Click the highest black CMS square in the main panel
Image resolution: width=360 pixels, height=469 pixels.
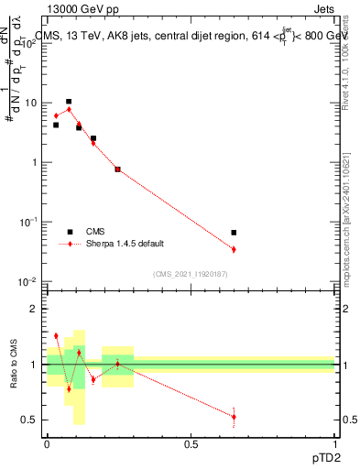tap(69, 102)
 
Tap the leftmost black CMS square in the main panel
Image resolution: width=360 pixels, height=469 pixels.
tap(56, 125)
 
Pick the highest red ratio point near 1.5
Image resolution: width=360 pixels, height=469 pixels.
tap(56, 336)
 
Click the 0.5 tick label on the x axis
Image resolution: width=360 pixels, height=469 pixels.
tap(190, 444)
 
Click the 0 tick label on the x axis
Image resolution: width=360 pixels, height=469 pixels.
tap(47, 444)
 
